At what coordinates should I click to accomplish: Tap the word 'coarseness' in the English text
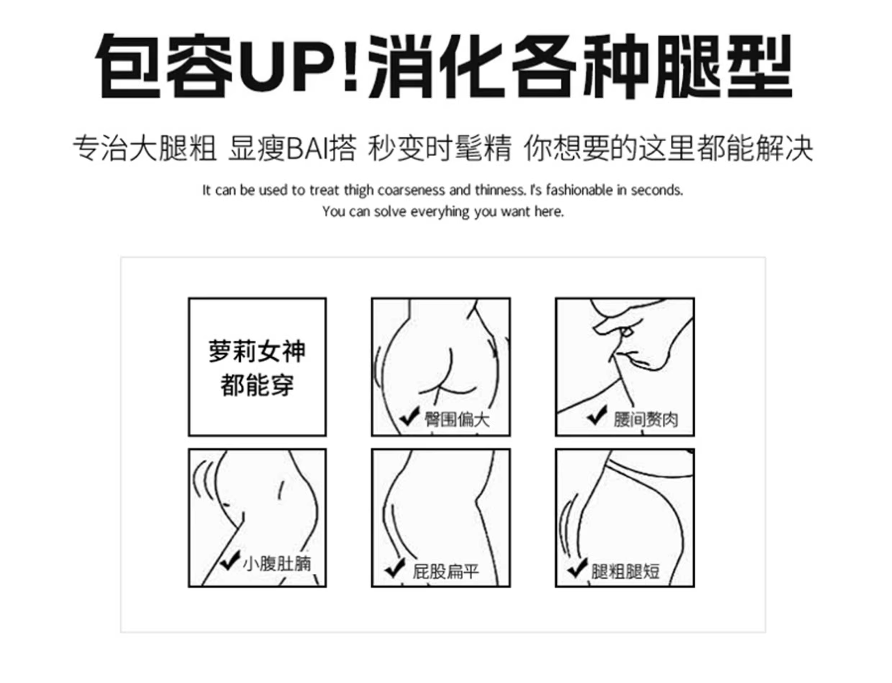(411, 190)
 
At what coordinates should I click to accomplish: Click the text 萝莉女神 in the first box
(257, 351)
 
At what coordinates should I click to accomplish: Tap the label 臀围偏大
(457, 419)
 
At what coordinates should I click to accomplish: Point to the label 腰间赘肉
(646, 420)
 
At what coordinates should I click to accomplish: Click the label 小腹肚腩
(277, 564)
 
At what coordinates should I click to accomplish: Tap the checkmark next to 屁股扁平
(394, 568)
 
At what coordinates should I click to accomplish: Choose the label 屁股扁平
(445, 572)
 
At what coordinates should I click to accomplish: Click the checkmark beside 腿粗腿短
(577, 568)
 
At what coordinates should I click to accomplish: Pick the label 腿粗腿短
(625, 572)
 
